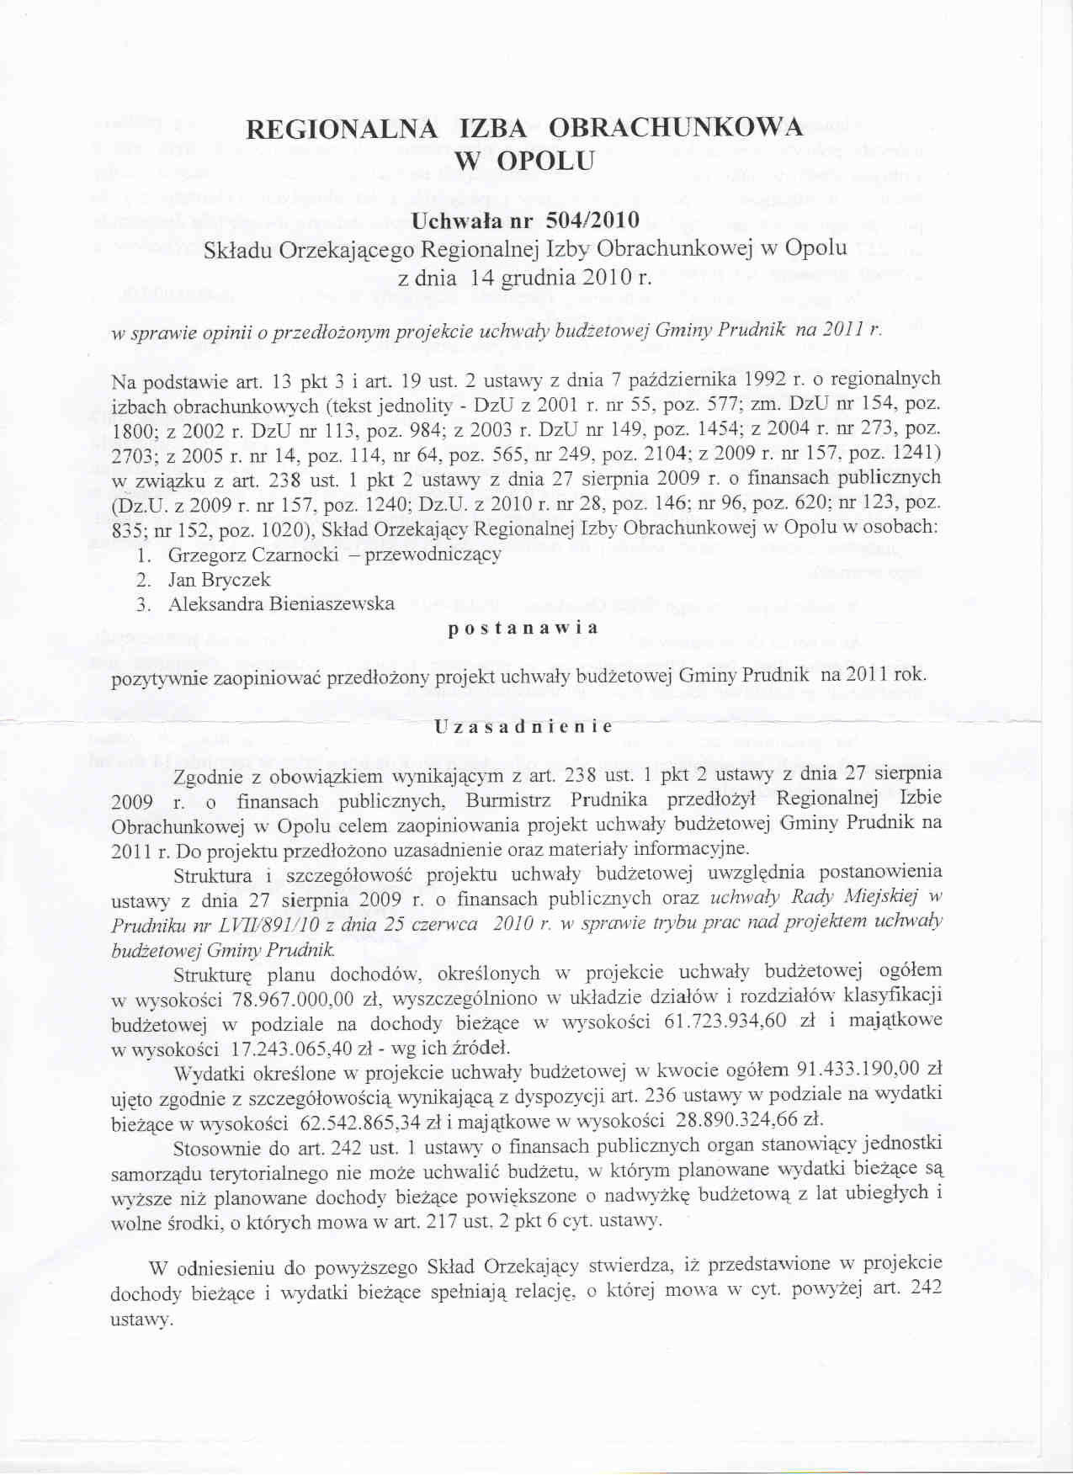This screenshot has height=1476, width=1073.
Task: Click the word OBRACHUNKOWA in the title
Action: pyautogui.click(x=676, y=128)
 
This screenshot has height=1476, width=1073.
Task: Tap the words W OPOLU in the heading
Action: pyautogui.click(x=524, y=160)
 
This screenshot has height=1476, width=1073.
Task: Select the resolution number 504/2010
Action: pyautogui.click(x=592, y=220)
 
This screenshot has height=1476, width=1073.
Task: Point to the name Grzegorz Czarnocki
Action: pyautogui.click(x=253, y=555)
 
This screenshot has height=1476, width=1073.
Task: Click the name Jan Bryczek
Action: pyautogui.click(x=219, y=580)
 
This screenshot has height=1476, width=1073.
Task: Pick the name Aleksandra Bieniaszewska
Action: pyautogui.click(x=281, y=604)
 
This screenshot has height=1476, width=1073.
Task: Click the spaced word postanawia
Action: pyautogui.click(x=523, y=628)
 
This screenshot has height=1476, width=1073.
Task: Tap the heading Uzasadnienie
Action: pyautogui.click(x=523, y=726)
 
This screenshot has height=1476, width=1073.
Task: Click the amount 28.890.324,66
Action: pyautogui.click(x=738, y=1120)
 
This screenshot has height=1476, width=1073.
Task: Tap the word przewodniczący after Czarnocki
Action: pyautogui.click(x=433, y=555)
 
